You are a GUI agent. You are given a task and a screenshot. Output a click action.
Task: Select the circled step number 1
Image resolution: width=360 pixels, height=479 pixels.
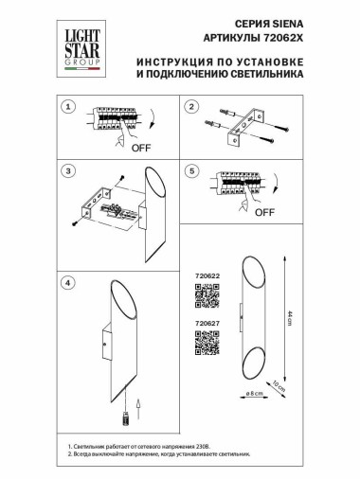67,109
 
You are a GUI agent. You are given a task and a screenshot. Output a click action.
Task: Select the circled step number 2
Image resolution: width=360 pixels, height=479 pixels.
192,109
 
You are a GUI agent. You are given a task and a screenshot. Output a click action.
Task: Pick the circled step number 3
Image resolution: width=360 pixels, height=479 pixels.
67,171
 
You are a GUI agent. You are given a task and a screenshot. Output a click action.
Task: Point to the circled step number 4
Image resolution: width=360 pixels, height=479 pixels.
67,283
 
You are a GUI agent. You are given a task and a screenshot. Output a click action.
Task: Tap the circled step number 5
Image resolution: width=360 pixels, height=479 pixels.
192,171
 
